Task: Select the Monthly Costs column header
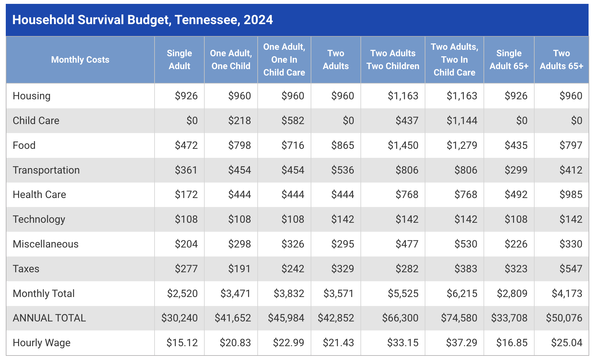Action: [x=80, y=60]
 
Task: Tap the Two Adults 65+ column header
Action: [x=561, y=60]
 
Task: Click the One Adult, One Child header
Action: [x=231, y=60]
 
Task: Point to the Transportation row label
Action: [x=46, y=170]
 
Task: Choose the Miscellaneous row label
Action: [x=46, y=244]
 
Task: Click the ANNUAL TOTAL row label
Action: [x=49, y=318]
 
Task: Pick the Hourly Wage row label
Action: [x=41, y=343]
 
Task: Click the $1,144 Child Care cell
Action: [x=462, y=121]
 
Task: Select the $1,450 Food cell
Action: [x=403, y=145]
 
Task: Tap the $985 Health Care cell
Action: [x=571, y=194]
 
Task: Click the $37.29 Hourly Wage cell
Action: [x=462, y=343]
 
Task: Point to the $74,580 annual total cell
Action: [x=459, y=318]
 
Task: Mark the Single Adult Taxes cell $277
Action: [x=186, y=269]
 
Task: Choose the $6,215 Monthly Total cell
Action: [x=462, y=293]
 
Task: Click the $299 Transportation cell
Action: [x=516, y=170]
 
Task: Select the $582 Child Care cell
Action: [x=293, y=121]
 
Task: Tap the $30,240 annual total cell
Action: [x=180, y=318]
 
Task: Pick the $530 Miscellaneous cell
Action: [x=466, y=244]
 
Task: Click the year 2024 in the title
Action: [x=258, y=20]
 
